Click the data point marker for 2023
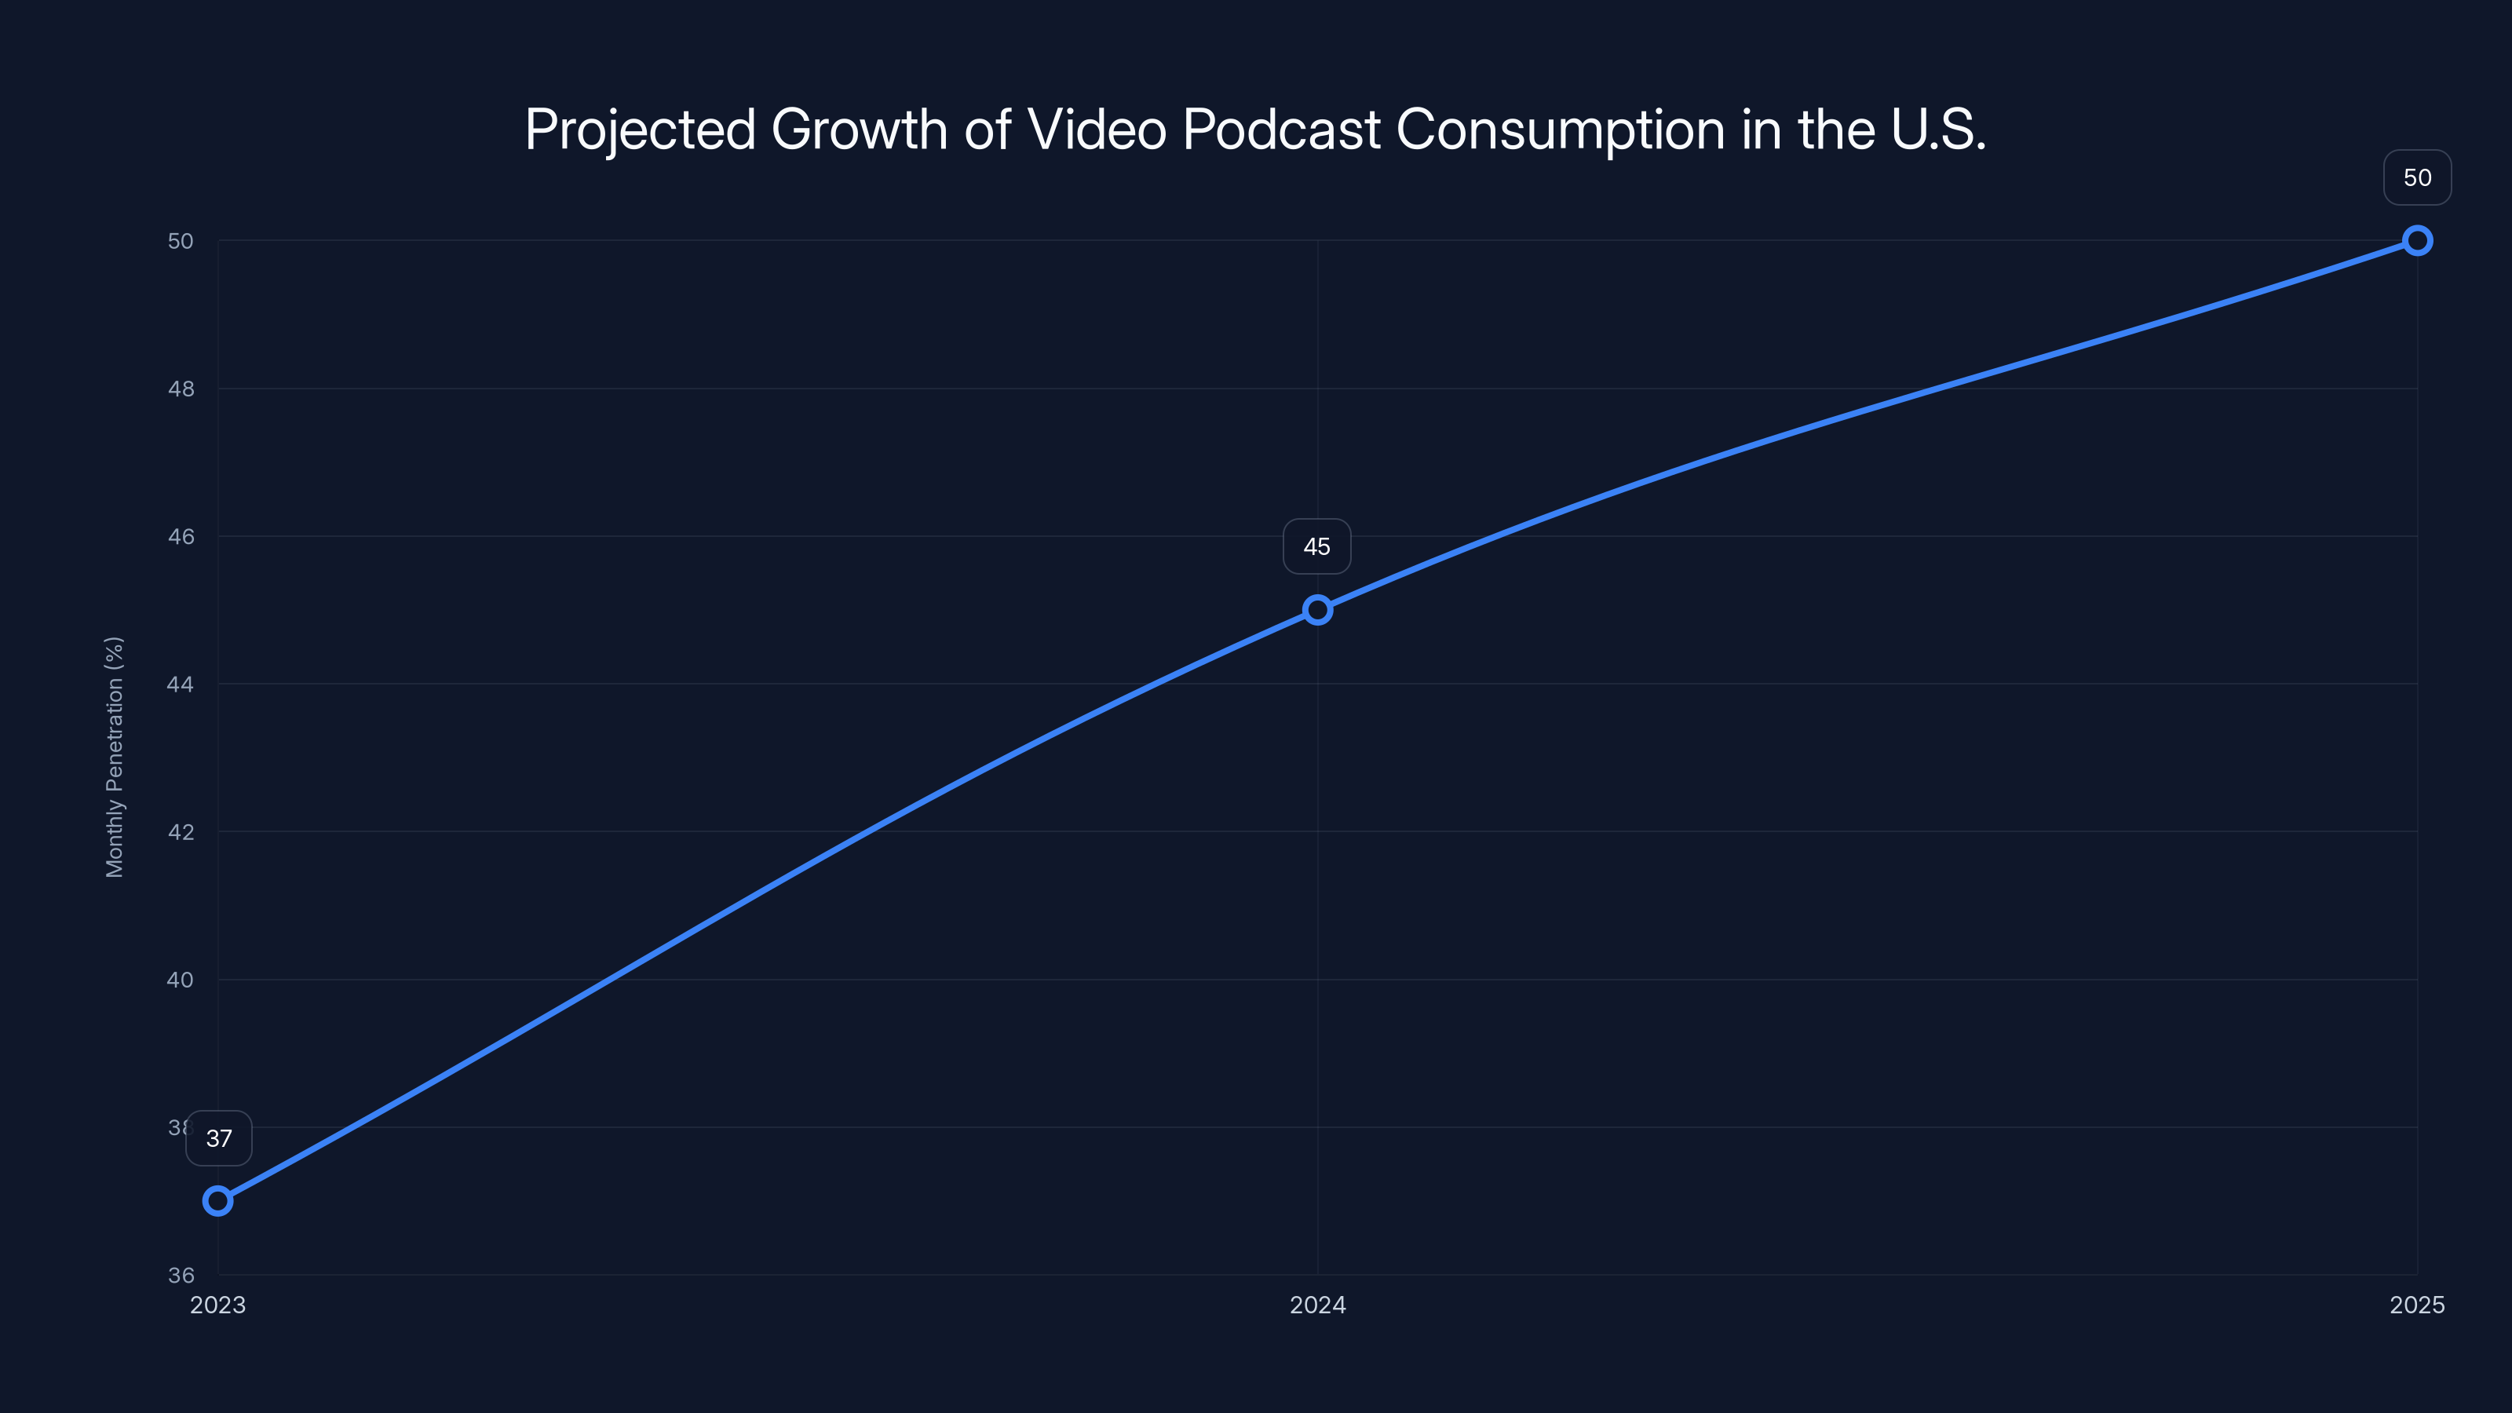click(217, 1200)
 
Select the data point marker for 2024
click(1317, 611)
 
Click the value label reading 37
click(220, 1138)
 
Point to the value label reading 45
click(1316, 547)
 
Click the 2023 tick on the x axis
click(217, 1305)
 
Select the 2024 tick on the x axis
click(1317, 1305)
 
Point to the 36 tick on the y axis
click(181, 1275)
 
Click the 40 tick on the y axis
click(181, 979)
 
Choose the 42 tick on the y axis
click(181, 832)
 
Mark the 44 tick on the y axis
click(181, 684)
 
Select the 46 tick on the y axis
click(181, 536)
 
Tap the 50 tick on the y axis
click(181, 241)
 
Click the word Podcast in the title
click(1281, 130)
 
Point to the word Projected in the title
click(640, 130)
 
